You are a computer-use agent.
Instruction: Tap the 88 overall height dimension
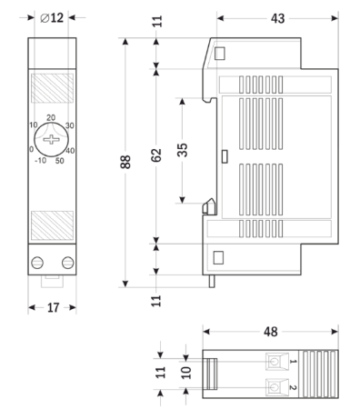click(x=126, y=162)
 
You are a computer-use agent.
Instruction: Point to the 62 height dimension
click(x=156, y=155)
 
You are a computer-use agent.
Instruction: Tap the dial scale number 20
click(x=51, y=117)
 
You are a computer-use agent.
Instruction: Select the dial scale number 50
click(x=60, y=161)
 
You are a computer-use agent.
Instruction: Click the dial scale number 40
click(x=71, y=150)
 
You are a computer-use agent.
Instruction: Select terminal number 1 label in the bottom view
click(x=293, y=362)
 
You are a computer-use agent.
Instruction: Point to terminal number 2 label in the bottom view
click(x=293, y=388)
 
